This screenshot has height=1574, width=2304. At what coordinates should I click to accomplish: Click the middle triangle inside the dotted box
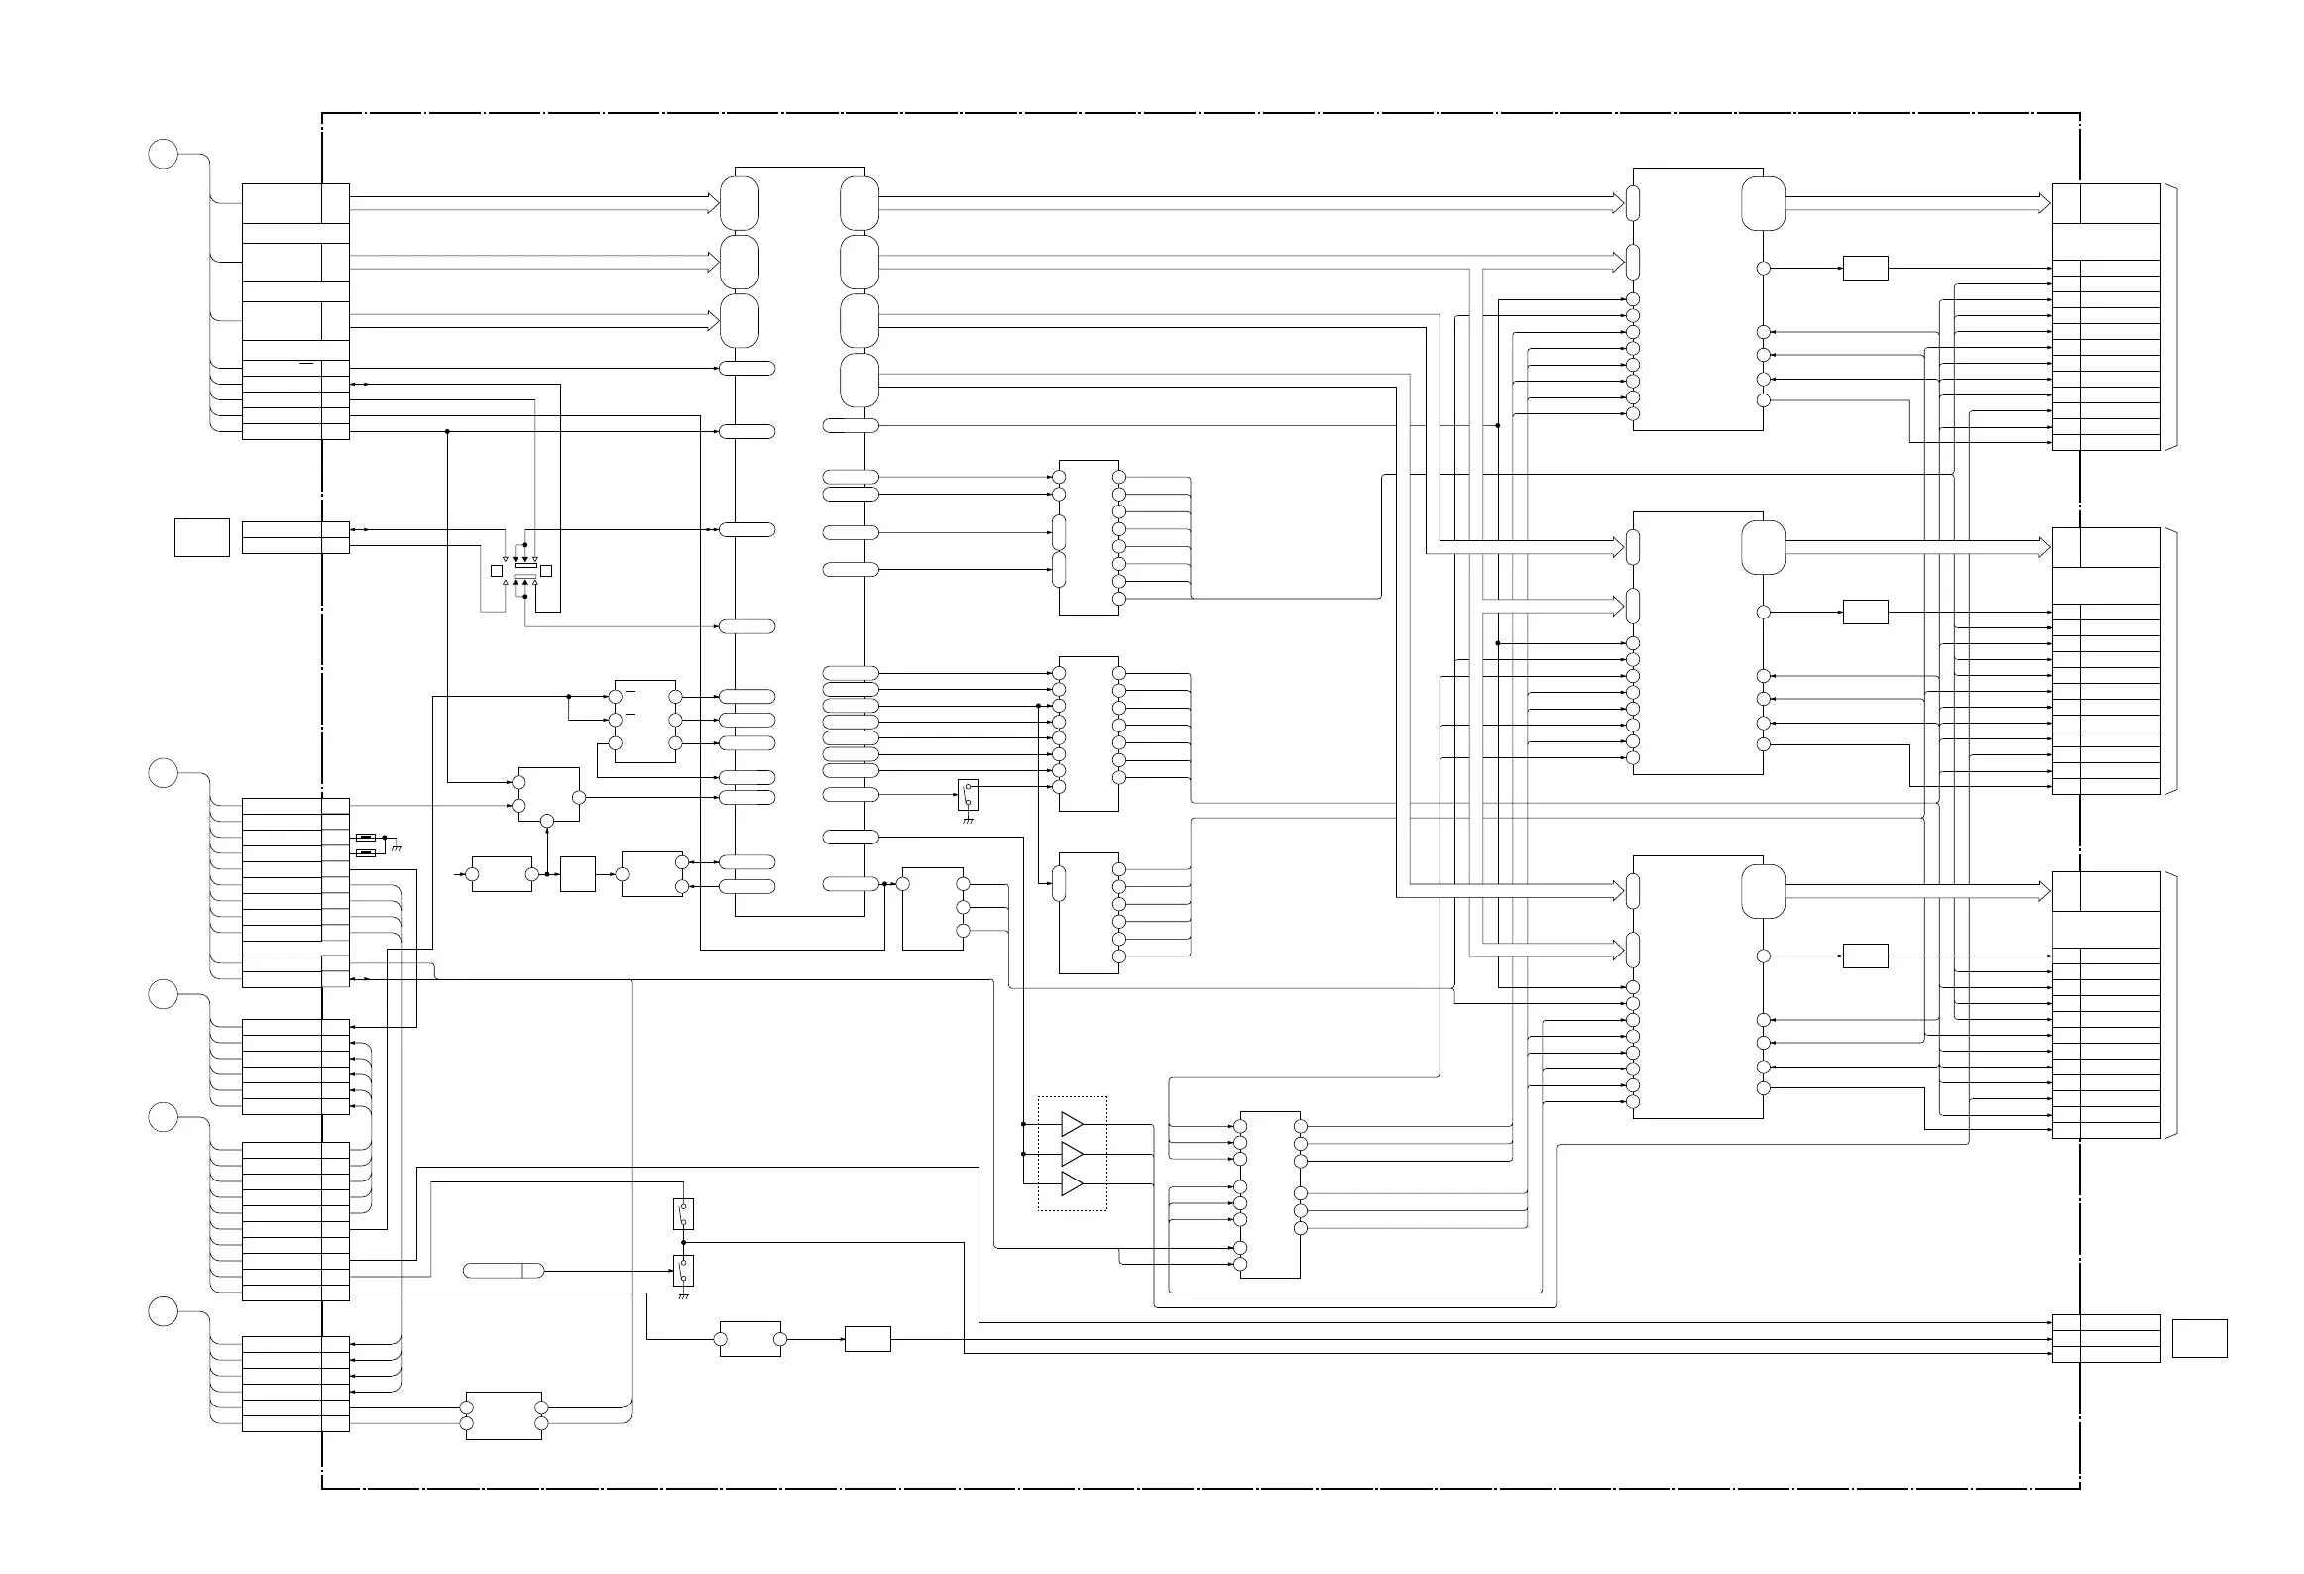tap(1071, 1154)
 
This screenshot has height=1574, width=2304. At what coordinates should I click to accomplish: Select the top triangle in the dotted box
tap(1071, 1124)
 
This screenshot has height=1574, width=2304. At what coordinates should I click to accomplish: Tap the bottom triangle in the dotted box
tap(1071, 1183)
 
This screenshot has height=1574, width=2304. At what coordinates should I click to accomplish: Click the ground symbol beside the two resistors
tap(397, 847)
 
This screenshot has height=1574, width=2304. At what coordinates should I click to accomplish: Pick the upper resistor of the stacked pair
tap(366, 838)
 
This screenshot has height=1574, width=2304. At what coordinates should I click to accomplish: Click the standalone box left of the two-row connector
tap(202, 537)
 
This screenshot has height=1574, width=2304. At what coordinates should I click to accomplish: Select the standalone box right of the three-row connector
tap(2199, 1338)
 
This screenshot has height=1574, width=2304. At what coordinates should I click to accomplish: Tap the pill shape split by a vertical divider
tap(504, 1271)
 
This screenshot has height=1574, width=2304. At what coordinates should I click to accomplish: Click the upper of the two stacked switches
tap(683, 1213)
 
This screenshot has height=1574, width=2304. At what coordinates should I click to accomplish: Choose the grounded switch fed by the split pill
tap(683, 1271)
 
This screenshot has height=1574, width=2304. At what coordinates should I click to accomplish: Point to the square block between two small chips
tap(578, 874)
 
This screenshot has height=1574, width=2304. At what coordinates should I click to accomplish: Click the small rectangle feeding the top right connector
tap(1865, 268)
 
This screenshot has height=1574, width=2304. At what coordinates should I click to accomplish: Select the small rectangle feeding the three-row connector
tap(867, 1339)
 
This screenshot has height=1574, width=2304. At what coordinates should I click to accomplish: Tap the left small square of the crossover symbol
tap(497, 571)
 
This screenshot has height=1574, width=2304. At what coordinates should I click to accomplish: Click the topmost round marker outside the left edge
tap(164, 155)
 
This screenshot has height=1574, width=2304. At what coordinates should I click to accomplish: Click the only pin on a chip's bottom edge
tap(547, 822)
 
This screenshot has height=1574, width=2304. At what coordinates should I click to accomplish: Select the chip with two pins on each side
tap(504, 1415)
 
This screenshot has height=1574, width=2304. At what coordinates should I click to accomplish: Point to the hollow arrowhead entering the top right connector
tap(2044, 203)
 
